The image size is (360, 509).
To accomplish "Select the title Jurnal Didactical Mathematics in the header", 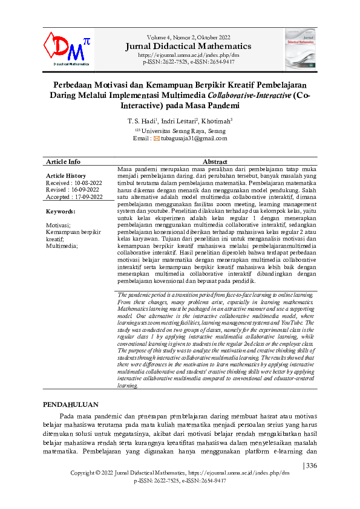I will click(x=189, y=46).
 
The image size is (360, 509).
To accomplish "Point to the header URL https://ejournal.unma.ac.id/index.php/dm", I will click(x=189, y=54).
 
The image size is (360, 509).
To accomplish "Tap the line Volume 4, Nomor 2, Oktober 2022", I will click(x=189, y=37).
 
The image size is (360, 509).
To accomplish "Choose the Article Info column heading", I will click(x=63, y=162).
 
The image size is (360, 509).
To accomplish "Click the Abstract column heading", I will click(x=214, y=162).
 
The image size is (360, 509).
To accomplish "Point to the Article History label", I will click(x=66, y=176).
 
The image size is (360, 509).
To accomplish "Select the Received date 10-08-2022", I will click(x=87, y=183).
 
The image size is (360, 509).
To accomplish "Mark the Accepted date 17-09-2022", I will click(x=88, y=197).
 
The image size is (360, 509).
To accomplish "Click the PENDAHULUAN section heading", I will click(x=72, y=403).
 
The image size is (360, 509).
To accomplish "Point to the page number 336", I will click(x=311, y=465).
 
